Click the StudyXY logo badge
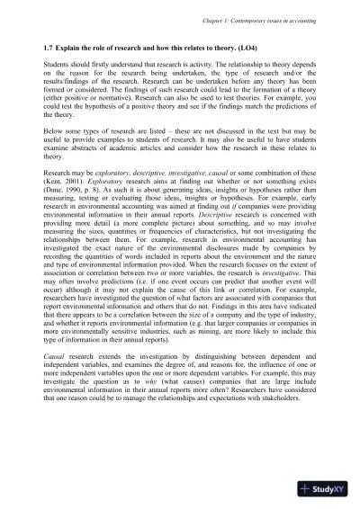[329, 487]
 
